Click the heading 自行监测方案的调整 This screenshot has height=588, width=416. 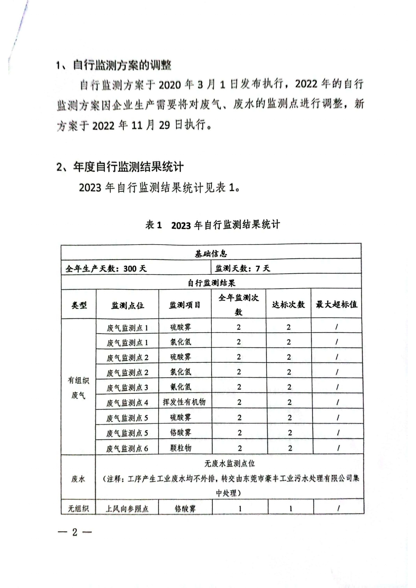pos(122,65)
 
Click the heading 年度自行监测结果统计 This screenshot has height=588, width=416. pos(128,167)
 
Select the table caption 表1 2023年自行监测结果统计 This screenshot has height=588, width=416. pos(212,225)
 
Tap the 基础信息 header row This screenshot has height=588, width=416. pos(211,254)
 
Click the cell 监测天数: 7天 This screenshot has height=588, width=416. pos(242,268)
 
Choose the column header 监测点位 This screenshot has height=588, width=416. pos(127,305)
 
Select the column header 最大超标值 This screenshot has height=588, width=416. pos(336,304)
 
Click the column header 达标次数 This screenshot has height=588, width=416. pos(288,304)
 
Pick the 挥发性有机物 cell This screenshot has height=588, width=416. pos(184,402)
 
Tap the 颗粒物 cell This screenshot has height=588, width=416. pos(181,448)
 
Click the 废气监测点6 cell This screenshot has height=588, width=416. pos(127,448)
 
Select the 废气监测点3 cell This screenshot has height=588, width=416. pos(127,387)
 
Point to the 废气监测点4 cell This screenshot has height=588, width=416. pos(127,403)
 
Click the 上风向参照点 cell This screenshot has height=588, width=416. pos(127,509)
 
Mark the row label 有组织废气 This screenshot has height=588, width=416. pos(78,388)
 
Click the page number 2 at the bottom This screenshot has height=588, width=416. pos(74,532)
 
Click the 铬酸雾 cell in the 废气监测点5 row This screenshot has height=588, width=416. pos(181,433)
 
